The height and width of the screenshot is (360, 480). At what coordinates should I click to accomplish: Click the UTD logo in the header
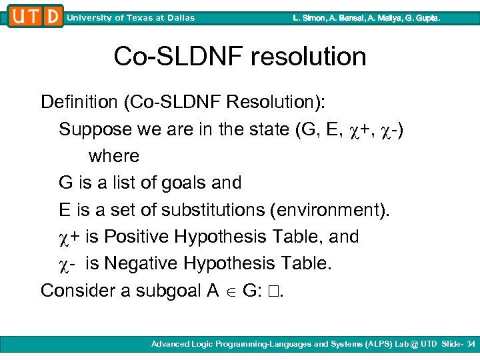pos(35,16)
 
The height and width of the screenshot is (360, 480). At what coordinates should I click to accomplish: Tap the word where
pos(114,156)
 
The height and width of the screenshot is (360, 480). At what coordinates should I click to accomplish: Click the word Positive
pos(142,237)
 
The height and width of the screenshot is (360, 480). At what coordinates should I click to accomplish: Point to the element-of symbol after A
pos(231,291)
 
